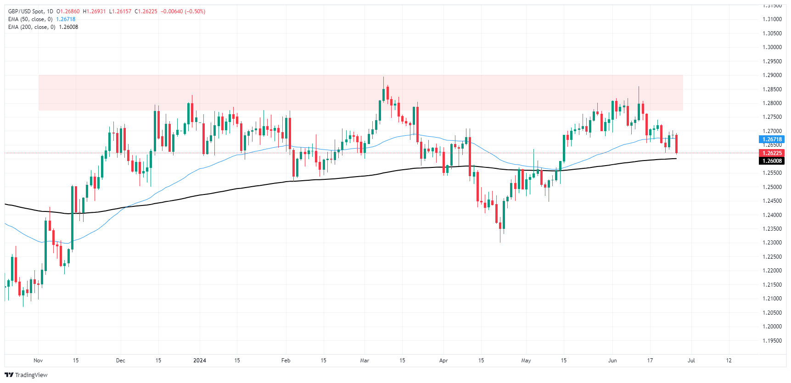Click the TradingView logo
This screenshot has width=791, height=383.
[x=26, y=375]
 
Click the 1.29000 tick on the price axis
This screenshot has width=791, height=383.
[x=772, y=75]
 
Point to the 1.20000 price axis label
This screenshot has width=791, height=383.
[x=772, y=327]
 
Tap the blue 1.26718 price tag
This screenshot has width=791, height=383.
[x=772, y=139]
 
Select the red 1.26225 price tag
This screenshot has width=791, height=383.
[x=772, y=153]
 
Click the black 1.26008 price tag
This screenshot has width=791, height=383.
[x=772, y=161]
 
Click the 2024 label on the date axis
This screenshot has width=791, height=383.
[x=200, y=361]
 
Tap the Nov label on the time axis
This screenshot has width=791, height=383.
[x=38, y=361]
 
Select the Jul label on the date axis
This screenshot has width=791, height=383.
[x=691, y=361]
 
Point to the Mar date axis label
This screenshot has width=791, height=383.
[x=365, y=361]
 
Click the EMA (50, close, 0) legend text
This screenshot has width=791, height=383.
[x=30, y=19]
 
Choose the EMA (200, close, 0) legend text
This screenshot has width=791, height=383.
[x=32, y=27]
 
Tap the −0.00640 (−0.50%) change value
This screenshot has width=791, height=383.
[x=183, y=11]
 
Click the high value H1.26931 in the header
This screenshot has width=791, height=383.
[x=94, y=11]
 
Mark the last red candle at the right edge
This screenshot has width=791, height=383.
[x=676, y=144]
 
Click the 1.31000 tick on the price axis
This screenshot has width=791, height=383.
[x=772, y=19]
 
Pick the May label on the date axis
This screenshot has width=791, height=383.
[x=526, y=361]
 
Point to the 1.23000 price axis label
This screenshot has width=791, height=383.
[x=772, y=243]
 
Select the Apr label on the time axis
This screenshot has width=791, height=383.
[x=443, y=361]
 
